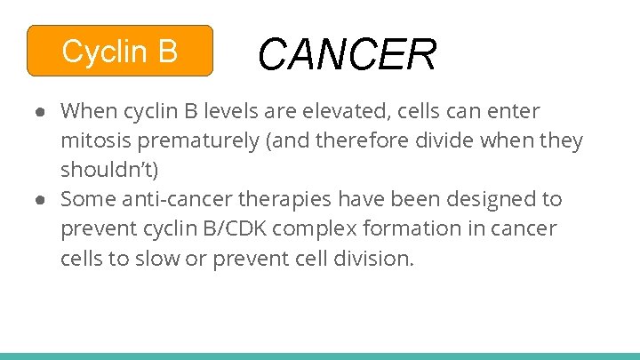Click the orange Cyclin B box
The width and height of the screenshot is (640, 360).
tap(120, 51)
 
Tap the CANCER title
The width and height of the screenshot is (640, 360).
tap(347, 54)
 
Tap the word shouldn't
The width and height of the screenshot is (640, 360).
tap(109, 169)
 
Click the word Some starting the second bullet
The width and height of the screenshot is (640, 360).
tap(87, 198)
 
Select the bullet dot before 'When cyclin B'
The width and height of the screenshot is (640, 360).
tap(42, 112)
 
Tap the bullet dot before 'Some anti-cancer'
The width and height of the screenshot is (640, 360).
tap(42, 199)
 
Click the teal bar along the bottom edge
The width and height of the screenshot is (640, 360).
tap(320, 356)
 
